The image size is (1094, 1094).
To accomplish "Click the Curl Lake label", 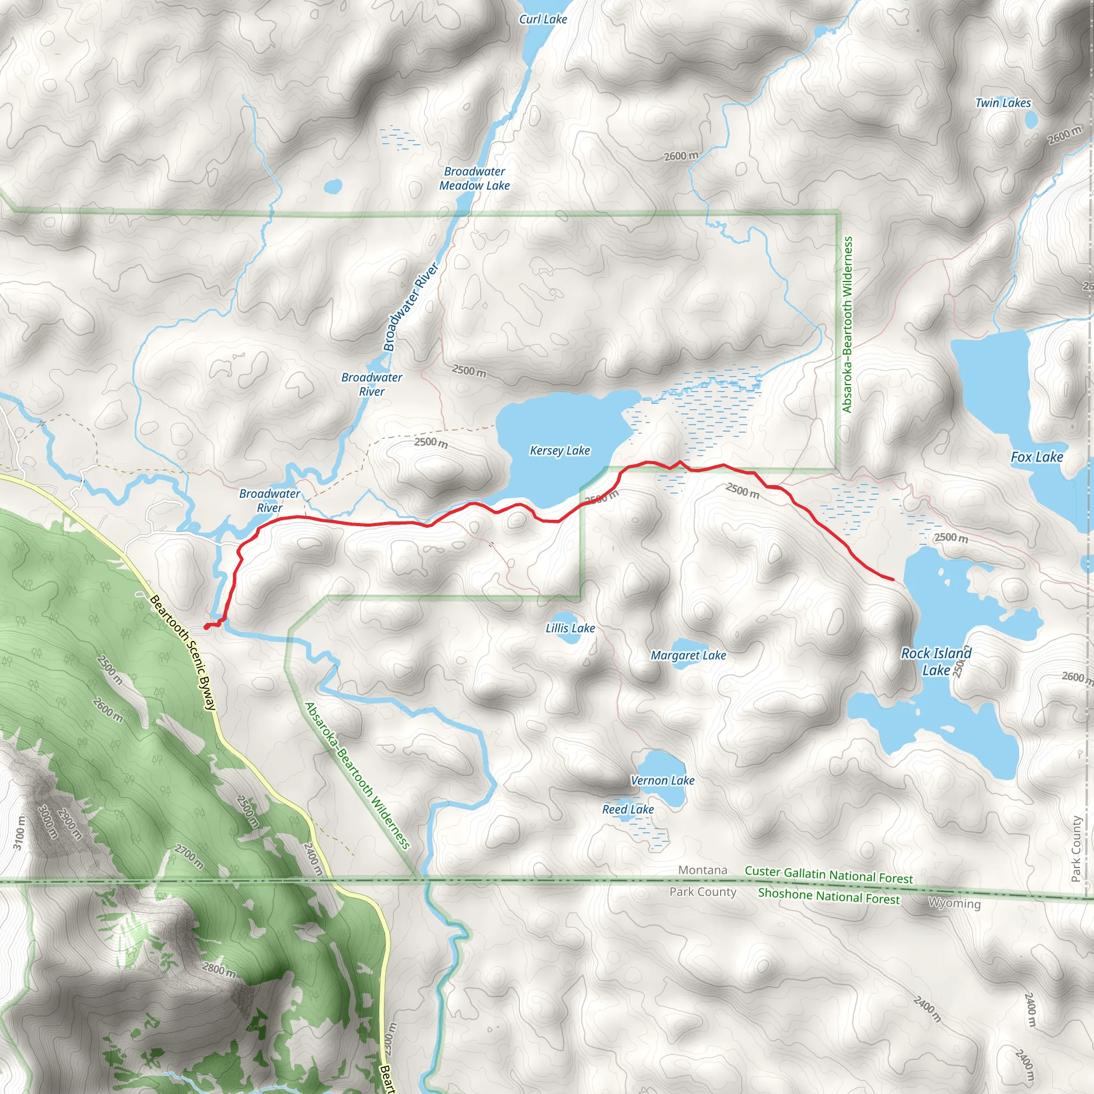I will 543,19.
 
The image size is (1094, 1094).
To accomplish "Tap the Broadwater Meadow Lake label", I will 474,178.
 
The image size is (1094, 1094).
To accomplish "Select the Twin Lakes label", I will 1003,103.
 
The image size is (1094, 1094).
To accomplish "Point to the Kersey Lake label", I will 559,451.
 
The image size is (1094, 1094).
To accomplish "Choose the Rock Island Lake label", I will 936,661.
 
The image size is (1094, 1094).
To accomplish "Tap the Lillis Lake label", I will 569,628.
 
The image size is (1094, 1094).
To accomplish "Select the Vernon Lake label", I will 662,780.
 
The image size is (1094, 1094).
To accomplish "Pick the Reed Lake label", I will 628,809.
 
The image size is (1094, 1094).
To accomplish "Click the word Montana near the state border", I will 703,870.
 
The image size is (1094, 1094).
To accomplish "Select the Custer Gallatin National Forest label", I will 829,875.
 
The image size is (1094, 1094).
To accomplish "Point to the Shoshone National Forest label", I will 829,896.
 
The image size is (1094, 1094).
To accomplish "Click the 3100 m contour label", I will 19,832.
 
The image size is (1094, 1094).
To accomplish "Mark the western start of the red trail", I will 206,626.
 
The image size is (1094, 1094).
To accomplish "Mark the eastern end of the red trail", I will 893,579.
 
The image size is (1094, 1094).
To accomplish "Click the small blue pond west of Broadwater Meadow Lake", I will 333,186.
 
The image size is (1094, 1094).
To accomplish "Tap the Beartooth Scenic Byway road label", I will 182,652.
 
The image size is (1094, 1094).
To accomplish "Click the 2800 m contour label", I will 218,970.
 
